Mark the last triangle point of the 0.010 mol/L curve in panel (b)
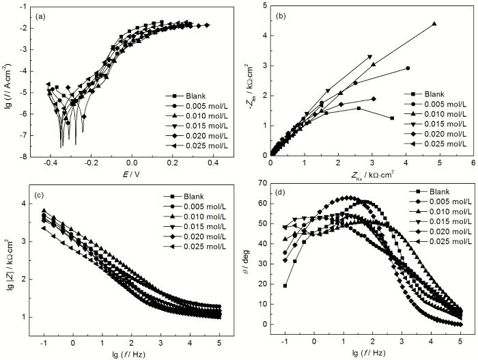pos(434,24)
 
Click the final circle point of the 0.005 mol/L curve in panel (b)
pos(408,68)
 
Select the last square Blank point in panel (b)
pos(392,118)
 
